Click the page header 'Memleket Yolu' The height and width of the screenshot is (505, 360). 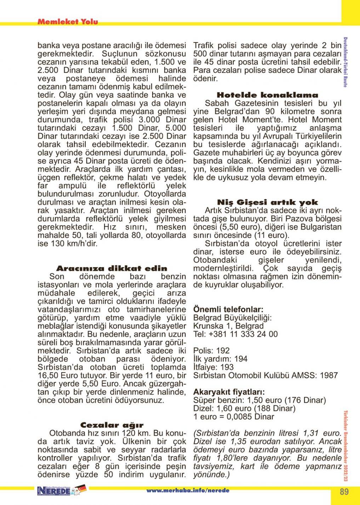67,22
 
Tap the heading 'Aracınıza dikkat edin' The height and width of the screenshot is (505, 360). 112,268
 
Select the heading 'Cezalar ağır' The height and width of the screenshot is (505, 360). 112,425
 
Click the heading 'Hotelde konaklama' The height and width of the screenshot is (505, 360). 267,95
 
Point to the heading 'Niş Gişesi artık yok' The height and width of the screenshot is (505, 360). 267,203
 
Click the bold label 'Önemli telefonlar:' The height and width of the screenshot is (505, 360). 228,309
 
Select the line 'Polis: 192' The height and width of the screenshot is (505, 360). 211,351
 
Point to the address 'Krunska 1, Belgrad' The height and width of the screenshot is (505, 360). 228,326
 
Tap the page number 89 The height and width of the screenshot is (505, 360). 344,492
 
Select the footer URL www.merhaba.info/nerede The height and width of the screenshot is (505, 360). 188,491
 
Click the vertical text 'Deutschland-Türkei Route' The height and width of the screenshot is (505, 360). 345,62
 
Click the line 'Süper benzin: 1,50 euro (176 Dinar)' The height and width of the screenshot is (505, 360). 259,400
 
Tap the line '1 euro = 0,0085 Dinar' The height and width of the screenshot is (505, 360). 234,417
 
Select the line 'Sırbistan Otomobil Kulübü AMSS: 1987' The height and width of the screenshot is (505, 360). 265,375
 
